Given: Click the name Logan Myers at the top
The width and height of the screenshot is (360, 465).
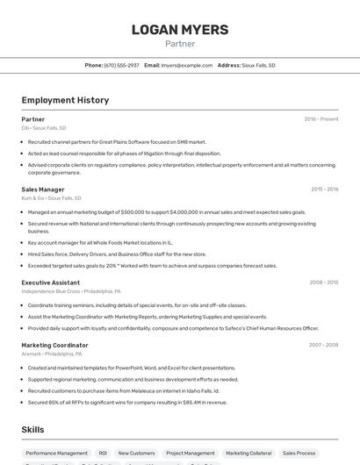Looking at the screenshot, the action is pos(180,30).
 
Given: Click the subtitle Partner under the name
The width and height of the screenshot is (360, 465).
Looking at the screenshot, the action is pos(180,44).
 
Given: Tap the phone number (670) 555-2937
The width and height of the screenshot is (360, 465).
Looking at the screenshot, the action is pos(121,65).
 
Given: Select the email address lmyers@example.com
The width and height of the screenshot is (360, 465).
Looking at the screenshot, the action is pos(187,65).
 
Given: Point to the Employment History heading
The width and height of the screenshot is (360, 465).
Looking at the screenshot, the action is pos(65,100).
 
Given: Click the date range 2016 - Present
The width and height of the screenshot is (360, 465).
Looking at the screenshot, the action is pos(321,118).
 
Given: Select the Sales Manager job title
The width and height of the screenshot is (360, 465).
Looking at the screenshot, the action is pos(43,189).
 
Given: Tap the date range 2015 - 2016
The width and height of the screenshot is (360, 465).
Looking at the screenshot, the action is pos(325,189).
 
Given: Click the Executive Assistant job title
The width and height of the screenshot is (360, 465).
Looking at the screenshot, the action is pos(51,283).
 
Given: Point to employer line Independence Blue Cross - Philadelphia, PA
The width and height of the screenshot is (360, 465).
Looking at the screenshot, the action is pos(71,291).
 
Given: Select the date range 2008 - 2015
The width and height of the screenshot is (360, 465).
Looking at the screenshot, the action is pos(325,283).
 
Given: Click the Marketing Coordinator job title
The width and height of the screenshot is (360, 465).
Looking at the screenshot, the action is pos(54,345).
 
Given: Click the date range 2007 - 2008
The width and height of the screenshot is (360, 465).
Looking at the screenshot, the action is pos(325,345).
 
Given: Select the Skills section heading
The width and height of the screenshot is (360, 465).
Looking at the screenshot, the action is pos(33,429).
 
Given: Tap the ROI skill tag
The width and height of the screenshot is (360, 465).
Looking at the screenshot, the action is pos(103,454).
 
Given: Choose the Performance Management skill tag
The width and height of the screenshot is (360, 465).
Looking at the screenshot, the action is pos(56,454).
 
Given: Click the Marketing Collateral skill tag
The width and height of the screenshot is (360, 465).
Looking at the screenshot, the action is pos(248,454).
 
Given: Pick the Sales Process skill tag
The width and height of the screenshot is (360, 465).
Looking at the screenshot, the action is pos(299,454).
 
